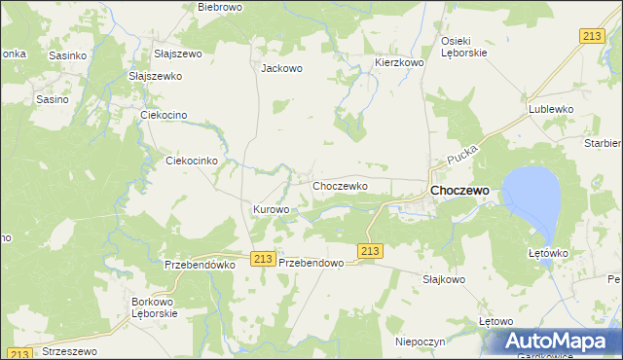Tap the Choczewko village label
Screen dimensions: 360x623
(x=339, y=185)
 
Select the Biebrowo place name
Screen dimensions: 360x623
(x=219, y=7)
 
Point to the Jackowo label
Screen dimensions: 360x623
(x=282, y=69)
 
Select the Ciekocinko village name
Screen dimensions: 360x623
(x=198, y=161)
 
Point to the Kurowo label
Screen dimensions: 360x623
(x=272, y=209)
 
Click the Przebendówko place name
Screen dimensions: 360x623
(x=201, y=264)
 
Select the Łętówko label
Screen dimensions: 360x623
(x=547, y=254)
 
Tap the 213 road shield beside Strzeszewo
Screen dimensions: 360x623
(x=21, y=353)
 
